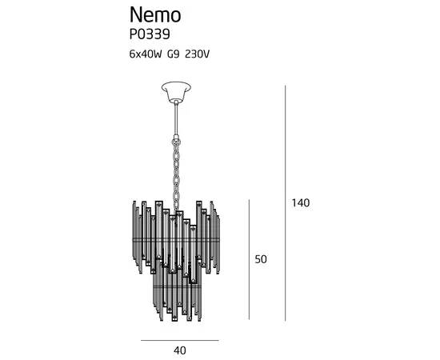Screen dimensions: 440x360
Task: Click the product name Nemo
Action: point(155,15)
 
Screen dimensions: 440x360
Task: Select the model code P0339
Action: point(150,34)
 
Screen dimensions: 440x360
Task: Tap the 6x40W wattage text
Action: point(146,54)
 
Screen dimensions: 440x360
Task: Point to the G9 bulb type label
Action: point(173,54)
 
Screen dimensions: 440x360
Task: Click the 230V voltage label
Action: point(198,54)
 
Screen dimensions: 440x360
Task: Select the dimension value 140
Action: point(301,202)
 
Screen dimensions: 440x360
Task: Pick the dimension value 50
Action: point(261,259)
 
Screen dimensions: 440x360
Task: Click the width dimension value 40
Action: point(180,350)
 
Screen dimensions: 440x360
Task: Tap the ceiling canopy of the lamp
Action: point(176,91)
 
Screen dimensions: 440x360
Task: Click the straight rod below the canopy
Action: point(176,118)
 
